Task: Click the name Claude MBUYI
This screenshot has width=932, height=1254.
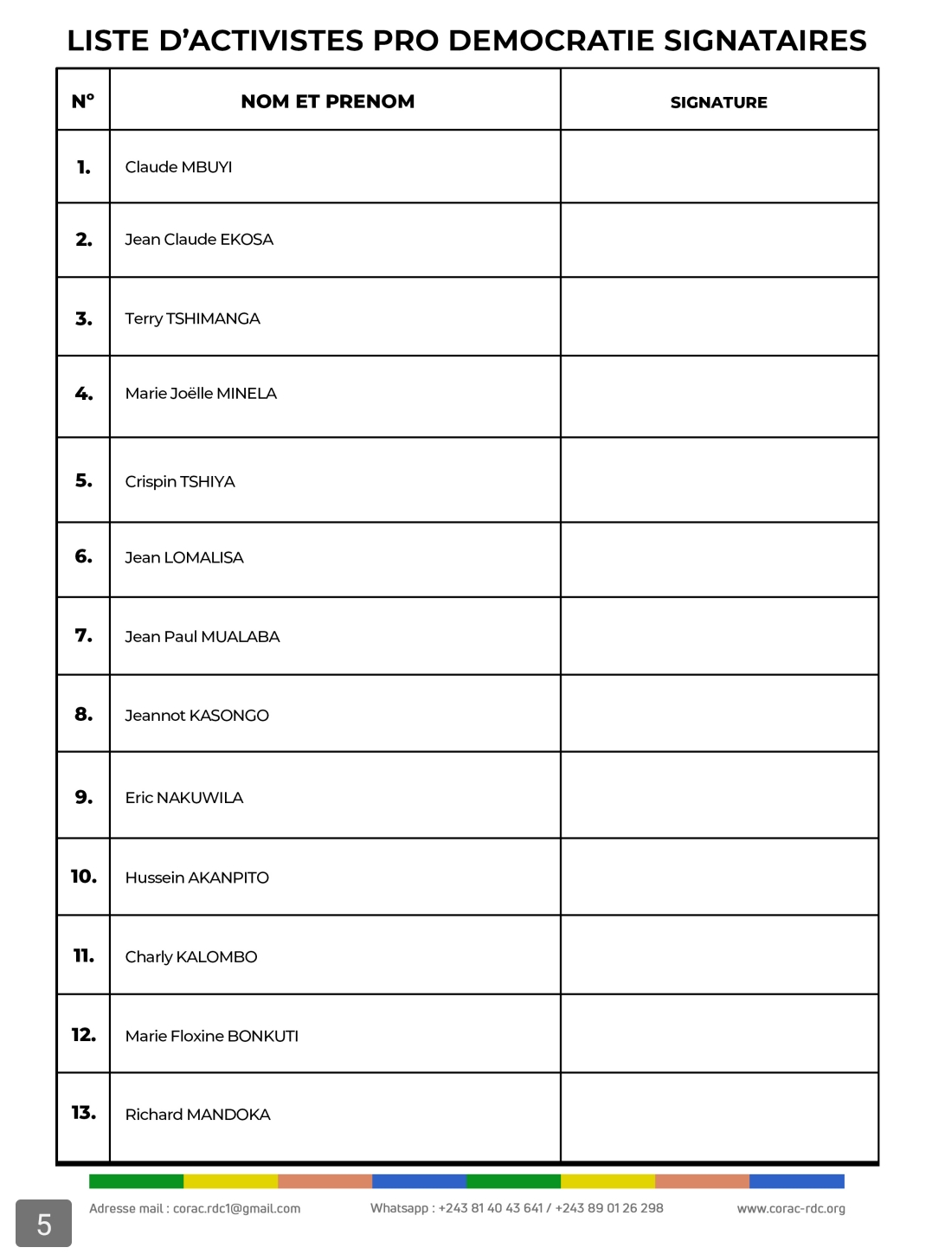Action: pyautogui.click(x=178, y=167)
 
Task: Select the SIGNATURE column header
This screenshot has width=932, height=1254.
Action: pyautogui.click(x=718, y=102)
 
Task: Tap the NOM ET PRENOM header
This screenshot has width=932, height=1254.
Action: pyautogui.click(x=327, y=101)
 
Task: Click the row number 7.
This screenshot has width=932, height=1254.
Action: pyautogui.click(x=83, y=636)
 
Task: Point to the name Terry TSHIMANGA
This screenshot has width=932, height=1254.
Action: pyautogui.click(x=192, y=318)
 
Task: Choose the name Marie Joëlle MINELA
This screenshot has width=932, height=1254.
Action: pyautogui.click(x=201, y=394)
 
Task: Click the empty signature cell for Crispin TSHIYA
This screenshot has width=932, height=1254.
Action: pyautogui.click(x=718, y=480)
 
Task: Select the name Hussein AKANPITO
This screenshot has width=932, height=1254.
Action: pyautogui.click(x=196, y=878)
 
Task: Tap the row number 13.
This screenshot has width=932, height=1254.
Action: pyautogui.click(x=83, y=1113)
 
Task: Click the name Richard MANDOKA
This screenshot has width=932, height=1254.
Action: pyautogui.click(x=197, y=1115)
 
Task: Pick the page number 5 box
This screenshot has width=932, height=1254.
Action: pyautogui.click(x=43, y=1224)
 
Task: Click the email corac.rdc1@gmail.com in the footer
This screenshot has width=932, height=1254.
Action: pyautogui.click(x=236, y=1209)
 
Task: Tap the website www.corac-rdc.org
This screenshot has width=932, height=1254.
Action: pyautogui.click(x=791, y=1209)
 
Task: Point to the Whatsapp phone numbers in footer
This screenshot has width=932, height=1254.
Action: pyautogui.click(x=550, y=1208)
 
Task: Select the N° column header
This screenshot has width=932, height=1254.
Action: pyautogui.click(x=83, y=101)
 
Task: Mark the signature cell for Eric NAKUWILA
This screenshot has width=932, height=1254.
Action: pyautogui.click(x=718, y=795)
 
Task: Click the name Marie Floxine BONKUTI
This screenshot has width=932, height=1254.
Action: pyautogui.click(x=211, y=1036)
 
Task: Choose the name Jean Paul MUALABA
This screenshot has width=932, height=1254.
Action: pyautogui.click(x=202, y=637)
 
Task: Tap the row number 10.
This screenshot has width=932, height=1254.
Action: pyautogui.click(x=83, y=877)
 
